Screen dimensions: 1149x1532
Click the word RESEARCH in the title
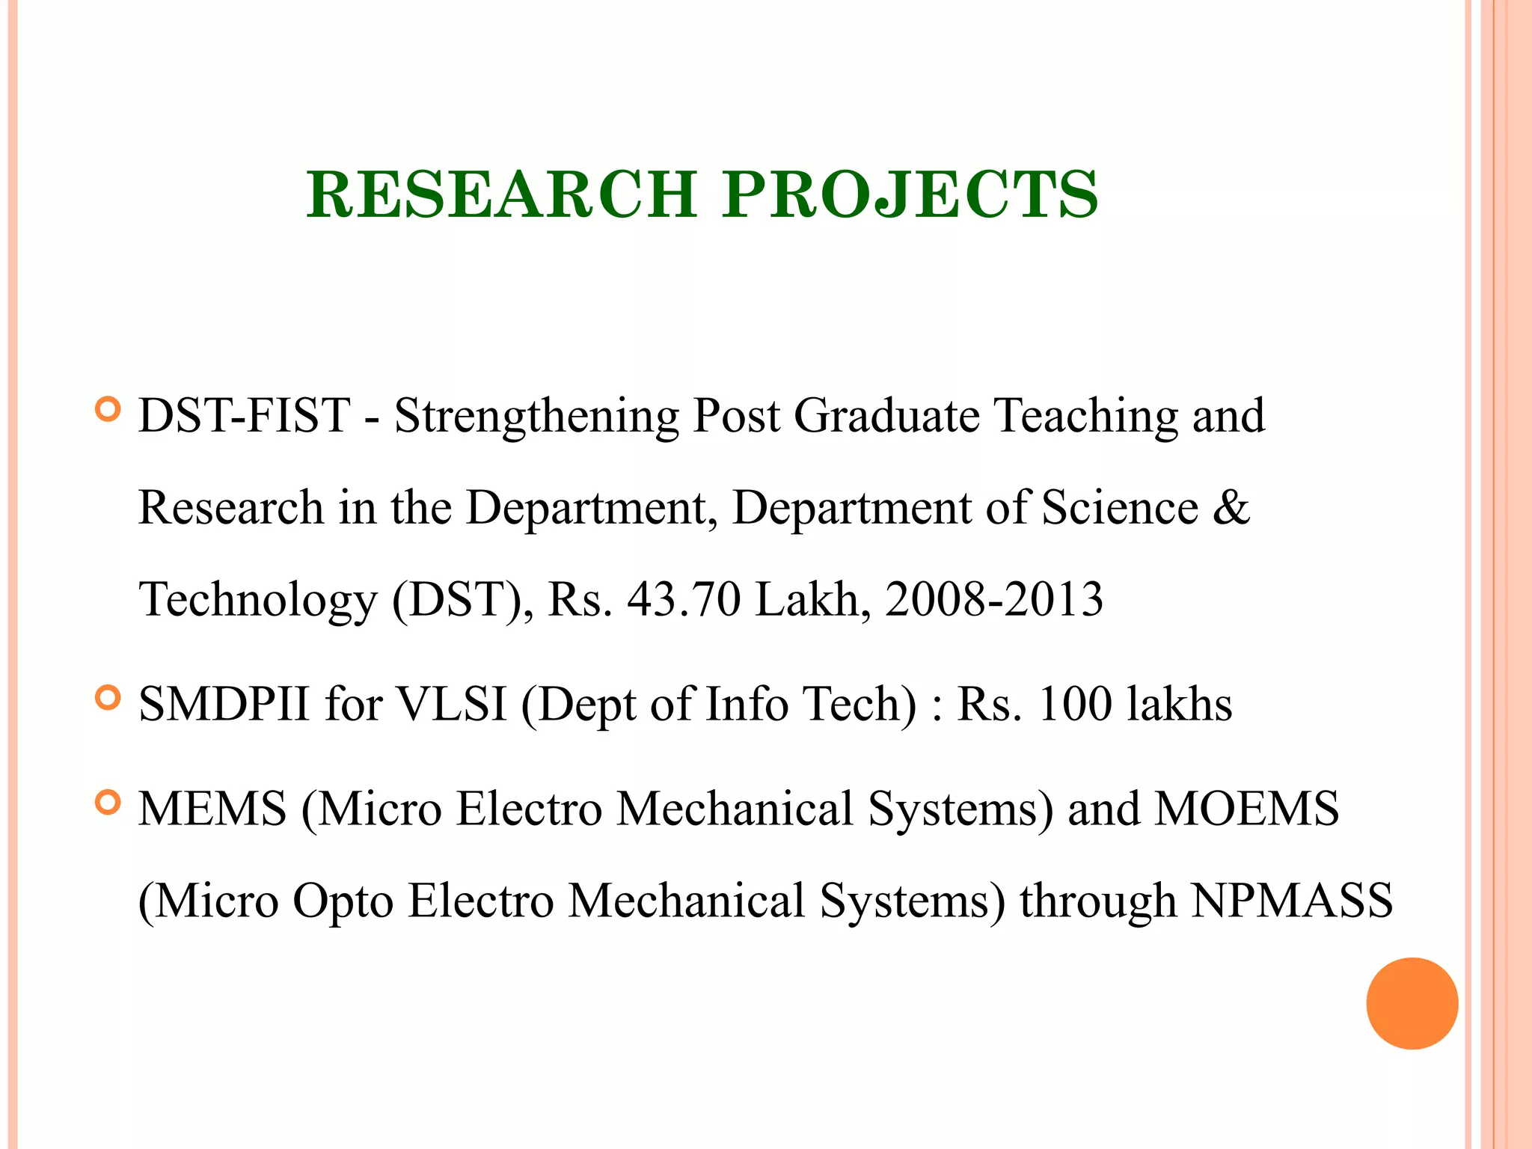tap(501, 194)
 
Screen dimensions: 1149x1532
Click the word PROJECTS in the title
tap(910, 194)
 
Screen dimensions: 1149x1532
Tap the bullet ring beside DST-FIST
tap(108, 410)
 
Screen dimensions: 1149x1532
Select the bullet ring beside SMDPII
tap(108, 698)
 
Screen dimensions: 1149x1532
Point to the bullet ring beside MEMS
tap(108, 803)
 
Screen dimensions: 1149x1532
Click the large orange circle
tap(1412, 1003)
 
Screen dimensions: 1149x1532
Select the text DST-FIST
tap(244, 415)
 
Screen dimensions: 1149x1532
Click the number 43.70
tap(684, 599)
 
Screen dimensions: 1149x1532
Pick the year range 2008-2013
tap(993, 599)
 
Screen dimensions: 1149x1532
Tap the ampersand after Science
tap(1231, 507)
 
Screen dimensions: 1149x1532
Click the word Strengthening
tap(536, 417)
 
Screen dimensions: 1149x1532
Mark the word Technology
tap(258, 601)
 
